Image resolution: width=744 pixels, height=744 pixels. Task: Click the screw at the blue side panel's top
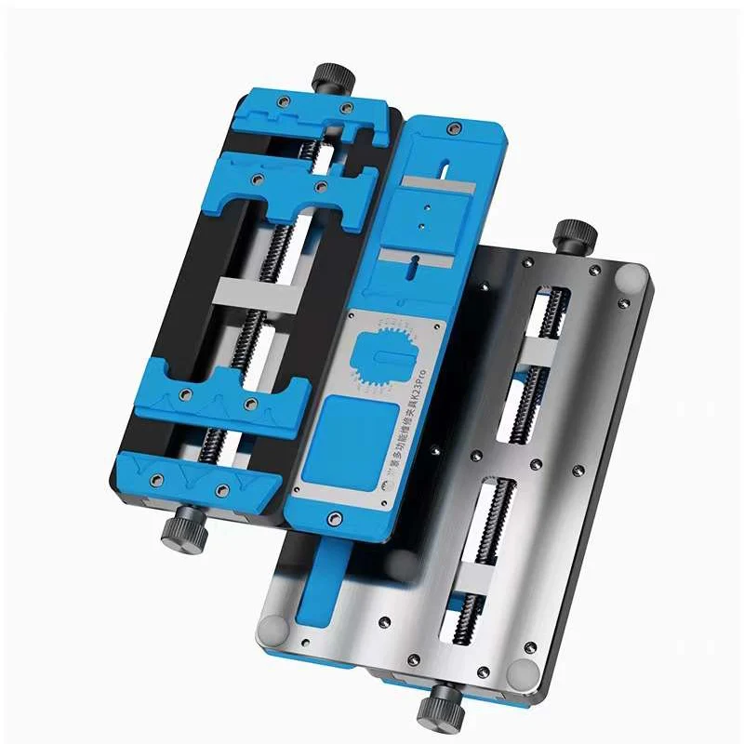(x=455, y=127)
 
